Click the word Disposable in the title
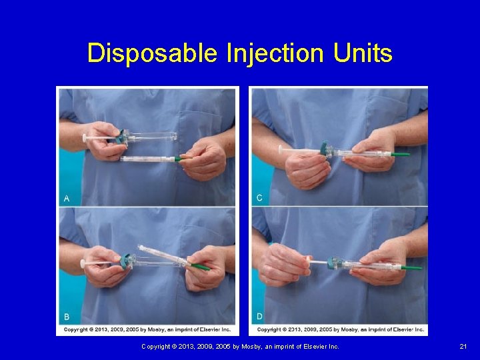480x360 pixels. pyautogui.click(x=152, y=53)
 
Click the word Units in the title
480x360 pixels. pyautogui.click(x=363, y=53)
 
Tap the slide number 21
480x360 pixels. pyautogui.click(x=463, y=347)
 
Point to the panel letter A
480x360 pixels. pyautogui.click(x=67, y=198)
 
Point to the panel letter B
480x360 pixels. pyautogui.click(x=67, y=316)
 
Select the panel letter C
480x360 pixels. pyautogui.click(x=259, y=198)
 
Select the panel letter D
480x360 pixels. pyautogui.click(x=259, y=316)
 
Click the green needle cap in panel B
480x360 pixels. pyautogui.click(x=198, y=268)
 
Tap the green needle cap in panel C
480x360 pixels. pyautogui.click(x=400, y=154)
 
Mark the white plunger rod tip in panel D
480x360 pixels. pyautogui.click(x=307, y=258)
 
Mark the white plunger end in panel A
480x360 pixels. pyautogui.click(x=85, y=137)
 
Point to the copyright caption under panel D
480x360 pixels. pyautogui.click(x=340, y=329)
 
